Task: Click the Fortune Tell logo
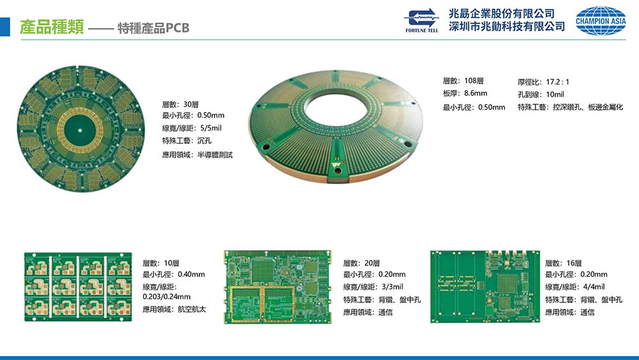tap(421, 20)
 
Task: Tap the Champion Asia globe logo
tap(601, 20)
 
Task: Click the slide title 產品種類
tap(50, 27)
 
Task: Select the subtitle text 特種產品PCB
tap(153, 29)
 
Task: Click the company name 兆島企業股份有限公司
tap(501, 13)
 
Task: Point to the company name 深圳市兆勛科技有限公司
tap(507, 27)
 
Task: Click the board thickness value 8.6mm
tap(475, 94)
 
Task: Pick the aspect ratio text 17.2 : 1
tap(557, 82)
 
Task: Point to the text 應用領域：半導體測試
tap(197, 155)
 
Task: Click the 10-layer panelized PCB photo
tap(77, 286)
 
